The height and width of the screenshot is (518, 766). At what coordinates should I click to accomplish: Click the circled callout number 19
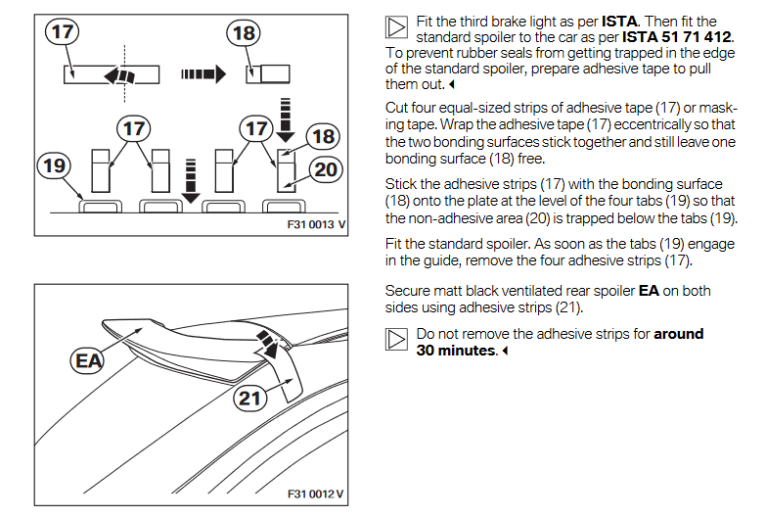pos(54,165)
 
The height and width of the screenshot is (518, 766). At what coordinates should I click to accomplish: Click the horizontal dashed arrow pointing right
pos(202,72)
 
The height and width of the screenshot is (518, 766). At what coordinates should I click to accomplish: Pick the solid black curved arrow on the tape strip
pos(119,75)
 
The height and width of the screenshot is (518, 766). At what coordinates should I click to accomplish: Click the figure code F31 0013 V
pos(310,225)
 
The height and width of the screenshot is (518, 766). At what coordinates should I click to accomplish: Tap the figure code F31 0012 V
pos(310,493)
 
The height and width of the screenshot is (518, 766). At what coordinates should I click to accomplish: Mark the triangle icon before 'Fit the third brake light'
pos(396,23)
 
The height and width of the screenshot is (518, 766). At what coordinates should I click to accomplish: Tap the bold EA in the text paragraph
pos(648,291)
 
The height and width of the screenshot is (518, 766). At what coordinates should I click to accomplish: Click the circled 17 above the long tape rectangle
pos(63,32)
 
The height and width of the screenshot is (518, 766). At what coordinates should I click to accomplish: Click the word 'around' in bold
pos(679,334)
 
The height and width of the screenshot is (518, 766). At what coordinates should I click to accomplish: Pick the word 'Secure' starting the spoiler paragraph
pos(409,291)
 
